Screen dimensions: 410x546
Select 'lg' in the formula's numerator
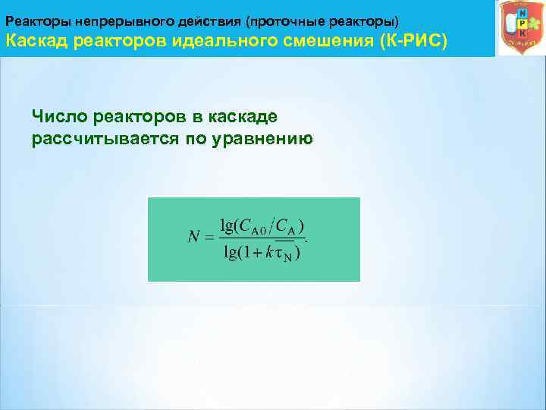(x=226, y=225)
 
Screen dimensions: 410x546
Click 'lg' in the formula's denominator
(x=230, y=252)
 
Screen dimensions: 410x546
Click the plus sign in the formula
(x=256, y=253)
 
